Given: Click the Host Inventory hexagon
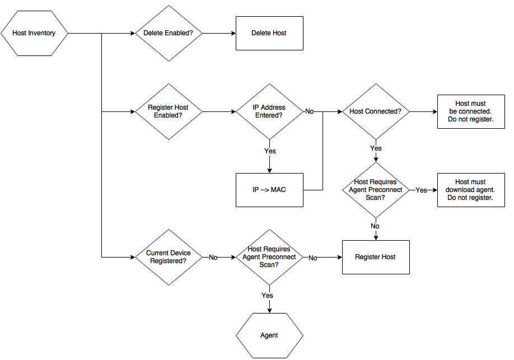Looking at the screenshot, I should [34, 34].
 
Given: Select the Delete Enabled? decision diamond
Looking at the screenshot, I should [169, 34].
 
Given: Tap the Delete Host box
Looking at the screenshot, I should [269, 34].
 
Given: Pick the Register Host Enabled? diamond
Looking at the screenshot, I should [169, 111].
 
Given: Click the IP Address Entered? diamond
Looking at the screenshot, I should [269, 111].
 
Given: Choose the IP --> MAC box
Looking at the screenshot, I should [269, 190].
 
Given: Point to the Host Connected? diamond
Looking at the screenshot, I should [376, 111].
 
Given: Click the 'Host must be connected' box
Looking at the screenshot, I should [471, 111].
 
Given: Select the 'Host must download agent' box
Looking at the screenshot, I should [471, 190].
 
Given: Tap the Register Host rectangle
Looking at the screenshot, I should [376, 257].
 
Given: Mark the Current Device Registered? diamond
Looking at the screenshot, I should [169, 257].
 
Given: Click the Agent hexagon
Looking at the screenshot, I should [269, 335].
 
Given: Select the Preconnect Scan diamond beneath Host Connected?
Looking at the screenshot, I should [376, 190].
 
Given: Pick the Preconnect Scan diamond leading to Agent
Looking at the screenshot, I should [269, 257].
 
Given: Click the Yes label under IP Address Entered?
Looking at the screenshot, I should [270, 151].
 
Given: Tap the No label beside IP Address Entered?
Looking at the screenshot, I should [309, 111].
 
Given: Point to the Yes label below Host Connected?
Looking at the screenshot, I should [376, 148].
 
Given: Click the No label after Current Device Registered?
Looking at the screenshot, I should [213, 258].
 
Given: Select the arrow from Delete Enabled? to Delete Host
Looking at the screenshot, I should [218, 34].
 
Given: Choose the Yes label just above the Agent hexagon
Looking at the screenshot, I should [268, 295].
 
